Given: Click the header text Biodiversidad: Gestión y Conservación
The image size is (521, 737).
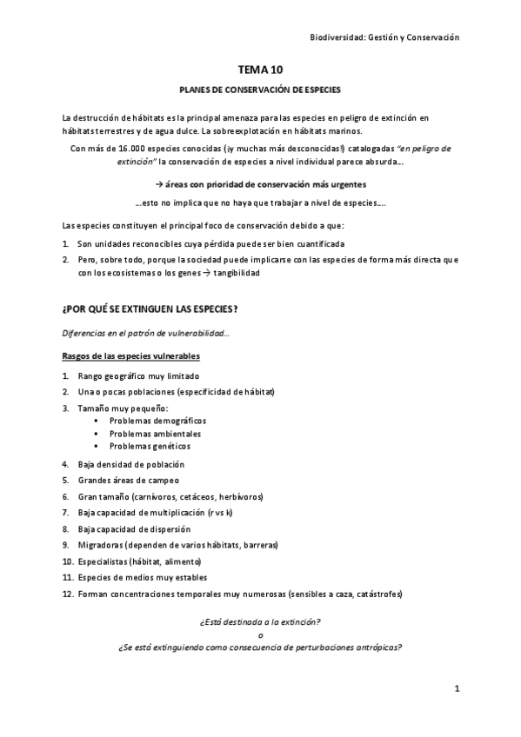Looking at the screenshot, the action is coord(384,37).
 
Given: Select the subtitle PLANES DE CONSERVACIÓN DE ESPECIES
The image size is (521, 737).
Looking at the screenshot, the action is coord(260,90).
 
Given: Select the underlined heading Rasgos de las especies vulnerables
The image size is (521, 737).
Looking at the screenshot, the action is coord(131,355).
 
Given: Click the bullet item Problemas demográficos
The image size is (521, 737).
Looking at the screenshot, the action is coord(157,420).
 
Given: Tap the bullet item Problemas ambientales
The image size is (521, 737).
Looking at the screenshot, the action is coord(155,433).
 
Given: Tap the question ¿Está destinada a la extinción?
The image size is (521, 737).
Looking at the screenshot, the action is coord(260,622).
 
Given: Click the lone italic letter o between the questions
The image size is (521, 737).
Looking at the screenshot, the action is coord(260,634).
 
